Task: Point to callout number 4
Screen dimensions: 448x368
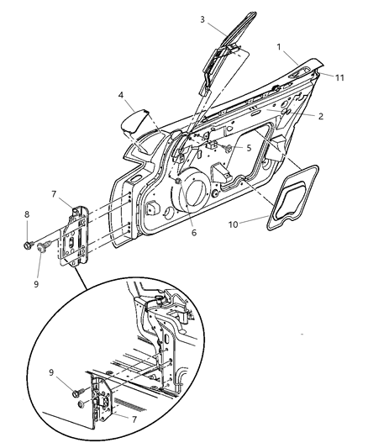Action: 122,97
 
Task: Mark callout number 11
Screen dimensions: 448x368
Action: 340,77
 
